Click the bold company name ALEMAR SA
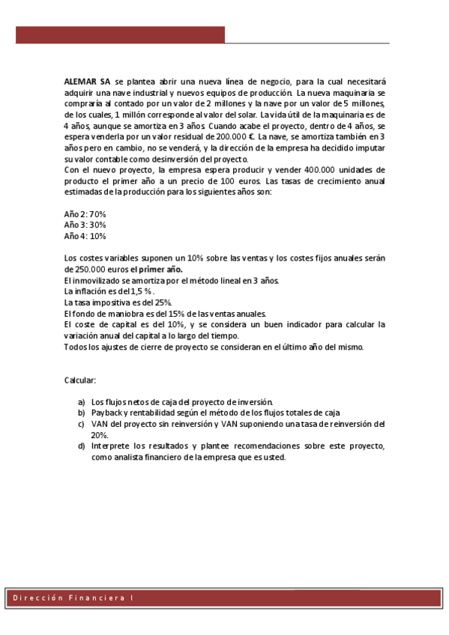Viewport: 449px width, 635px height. click(87, 81)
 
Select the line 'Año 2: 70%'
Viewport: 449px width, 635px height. click(85, 214)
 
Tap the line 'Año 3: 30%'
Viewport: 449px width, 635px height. click(85, 225)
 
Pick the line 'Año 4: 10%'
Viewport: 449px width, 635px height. click(85, 235)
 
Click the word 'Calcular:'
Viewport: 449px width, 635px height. click(80, 380)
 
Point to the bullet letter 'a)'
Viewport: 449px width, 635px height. click(81, 402)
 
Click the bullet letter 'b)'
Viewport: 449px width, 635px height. click(81, 413)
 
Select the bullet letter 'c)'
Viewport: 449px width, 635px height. click(81, 424)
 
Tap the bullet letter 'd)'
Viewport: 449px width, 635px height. click(81, 446)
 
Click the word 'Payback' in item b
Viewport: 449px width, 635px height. click(106, 413)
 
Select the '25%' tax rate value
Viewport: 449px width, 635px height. click(149, 302)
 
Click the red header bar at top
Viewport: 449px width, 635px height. click(120, 35)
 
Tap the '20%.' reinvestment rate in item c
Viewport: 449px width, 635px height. click(100, 434)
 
